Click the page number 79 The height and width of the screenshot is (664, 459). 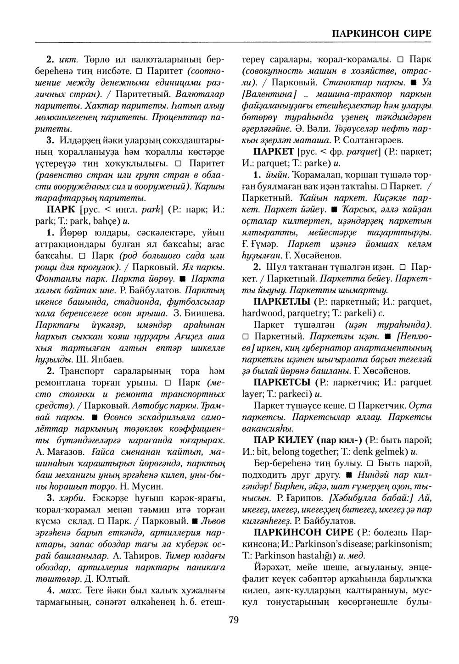[233, 620]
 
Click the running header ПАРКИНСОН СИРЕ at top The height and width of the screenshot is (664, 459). [381, 33]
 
